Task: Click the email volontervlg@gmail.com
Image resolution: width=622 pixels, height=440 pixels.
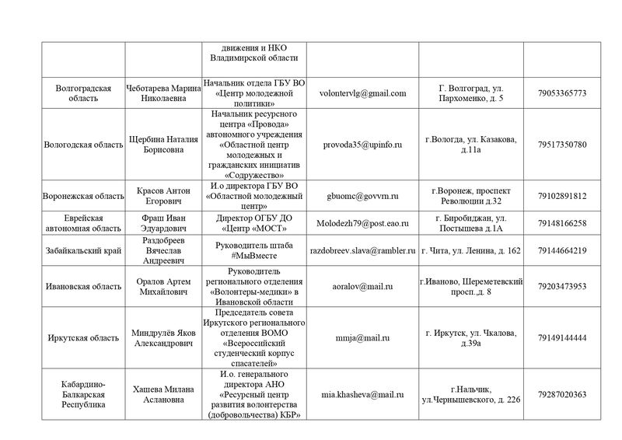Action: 363,93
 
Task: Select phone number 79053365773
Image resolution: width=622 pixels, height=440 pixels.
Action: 561,93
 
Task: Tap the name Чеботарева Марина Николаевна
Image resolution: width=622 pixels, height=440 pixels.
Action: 162,93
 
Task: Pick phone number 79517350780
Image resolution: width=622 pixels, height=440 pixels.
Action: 561,145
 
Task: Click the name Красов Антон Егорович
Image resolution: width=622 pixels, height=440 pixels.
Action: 162,196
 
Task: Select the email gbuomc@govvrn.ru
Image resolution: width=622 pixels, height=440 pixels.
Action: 363,196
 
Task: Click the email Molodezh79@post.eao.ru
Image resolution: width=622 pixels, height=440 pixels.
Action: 363,223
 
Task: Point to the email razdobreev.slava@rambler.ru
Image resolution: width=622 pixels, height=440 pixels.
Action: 363,250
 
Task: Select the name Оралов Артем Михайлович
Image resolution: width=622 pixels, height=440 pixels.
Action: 162,285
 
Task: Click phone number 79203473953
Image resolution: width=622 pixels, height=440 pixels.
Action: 561,285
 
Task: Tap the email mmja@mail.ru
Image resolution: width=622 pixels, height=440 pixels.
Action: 363,337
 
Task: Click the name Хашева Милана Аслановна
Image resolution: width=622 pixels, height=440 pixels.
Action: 162,394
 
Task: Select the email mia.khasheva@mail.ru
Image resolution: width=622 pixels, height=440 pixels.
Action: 363,394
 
